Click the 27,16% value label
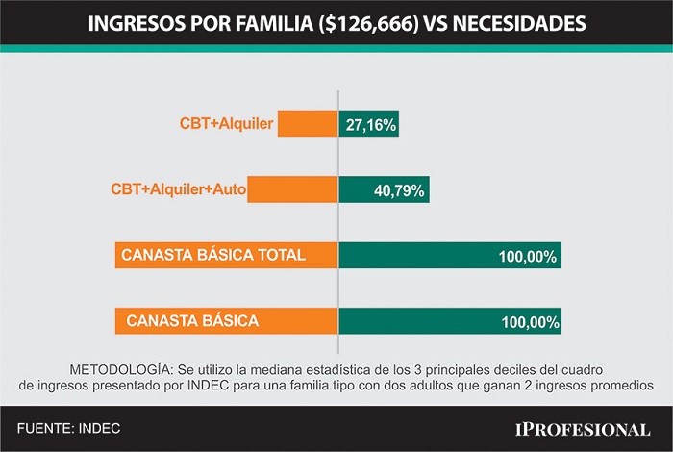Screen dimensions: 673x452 [371, 125]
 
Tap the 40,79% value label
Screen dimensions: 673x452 [399, 190]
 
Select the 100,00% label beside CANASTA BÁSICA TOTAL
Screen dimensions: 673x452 [528, 257]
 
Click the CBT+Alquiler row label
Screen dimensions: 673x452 [226, 124]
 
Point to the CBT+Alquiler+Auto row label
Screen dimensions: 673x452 [179, 189]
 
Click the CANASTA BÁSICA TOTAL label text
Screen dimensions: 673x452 [213, 255]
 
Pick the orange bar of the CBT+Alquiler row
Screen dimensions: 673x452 [308, 124]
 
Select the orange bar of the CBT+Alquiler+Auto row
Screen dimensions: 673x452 [292, 189]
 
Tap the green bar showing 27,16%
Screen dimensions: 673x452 [368, 124]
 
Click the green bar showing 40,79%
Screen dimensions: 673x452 [385, 189]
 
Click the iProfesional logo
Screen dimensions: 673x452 [583, 430]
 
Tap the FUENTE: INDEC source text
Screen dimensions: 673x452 [68, 428]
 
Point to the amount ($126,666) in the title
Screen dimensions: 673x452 [368, 24]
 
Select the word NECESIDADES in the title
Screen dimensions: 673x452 [519, 24]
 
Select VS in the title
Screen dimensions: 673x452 [436, 24]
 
